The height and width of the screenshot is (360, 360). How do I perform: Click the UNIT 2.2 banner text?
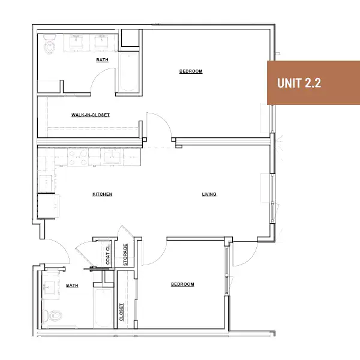299,83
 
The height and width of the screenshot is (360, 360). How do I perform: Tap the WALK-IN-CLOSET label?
91,115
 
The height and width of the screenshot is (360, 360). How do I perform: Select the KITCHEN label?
102,194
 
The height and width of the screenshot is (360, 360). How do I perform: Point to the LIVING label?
209,194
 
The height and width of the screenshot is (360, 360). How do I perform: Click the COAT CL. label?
108,254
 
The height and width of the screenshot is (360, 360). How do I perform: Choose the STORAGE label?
125,254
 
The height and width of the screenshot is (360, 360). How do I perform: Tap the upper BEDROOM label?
191,71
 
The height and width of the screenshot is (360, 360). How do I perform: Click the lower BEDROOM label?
182,284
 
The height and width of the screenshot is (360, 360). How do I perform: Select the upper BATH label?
102,59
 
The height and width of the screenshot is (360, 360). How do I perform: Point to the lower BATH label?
72,285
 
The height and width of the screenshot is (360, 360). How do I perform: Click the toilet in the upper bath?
49,44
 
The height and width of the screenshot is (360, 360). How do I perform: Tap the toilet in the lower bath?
53,316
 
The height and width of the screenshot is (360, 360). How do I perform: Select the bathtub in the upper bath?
128,71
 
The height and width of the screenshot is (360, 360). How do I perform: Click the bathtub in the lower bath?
103,308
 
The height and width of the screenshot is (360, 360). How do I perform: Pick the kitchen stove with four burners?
78,157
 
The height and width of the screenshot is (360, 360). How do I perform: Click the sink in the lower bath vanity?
49,287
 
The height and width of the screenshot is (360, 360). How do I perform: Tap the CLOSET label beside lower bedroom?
121,312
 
